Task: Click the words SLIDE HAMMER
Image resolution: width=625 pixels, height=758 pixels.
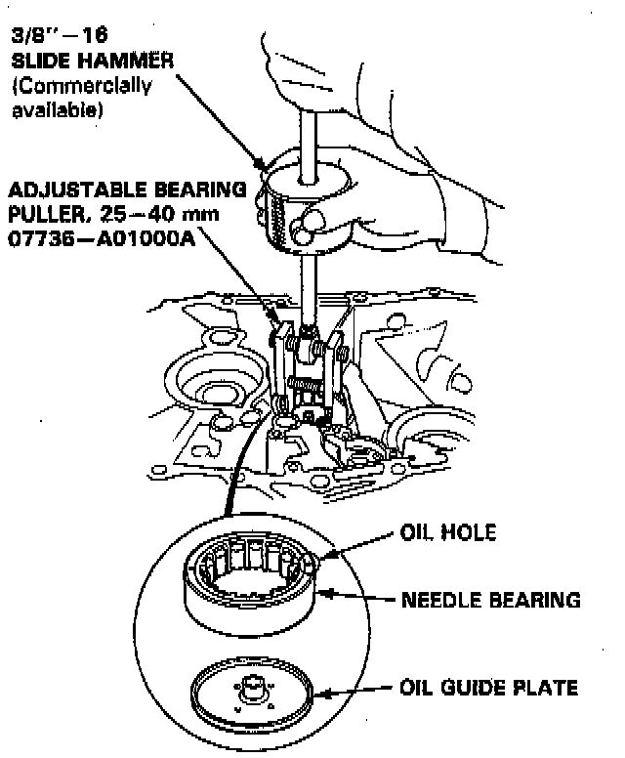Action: tap(93, 60)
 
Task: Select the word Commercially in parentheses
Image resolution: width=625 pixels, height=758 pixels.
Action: tap(82, 86)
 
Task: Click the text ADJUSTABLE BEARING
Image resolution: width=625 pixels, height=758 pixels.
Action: tap(136, 189)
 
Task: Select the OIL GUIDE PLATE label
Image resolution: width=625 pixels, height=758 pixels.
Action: tap(488, 688)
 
